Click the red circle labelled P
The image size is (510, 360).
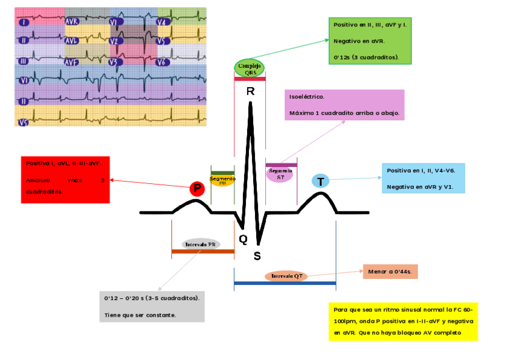click(x=197, y=189)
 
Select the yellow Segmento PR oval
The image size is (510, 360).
click(x=223, y=180)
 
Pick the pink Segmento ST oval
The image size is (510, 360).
click(x=280, y=174)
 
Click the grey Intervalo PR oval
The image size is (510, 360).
click(x=200, y=245)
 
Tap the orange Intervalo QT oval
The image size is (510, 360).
click(x=286, y=276)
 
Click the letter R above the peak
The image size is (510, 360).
click(x=250, y=92)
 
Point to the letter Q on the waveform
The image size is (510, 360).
click(x=243, y=239)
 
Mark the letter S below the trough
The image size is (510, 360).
click(x=257, y=256)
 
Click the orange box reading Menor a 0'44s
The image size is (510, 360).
click(x=390, y=272)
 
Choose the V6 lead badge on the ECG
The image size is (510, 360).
click(x=161, y=62)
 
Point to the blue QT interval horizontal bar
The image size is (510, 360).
click(x=284, y=282)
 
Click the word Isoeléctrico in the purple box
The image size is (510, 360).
click(x=307, y=97)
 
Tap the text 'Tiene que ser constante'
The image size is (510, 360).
click(x=140, y=314)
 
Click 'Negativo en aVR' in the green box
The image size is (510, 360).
click(x=359, y=41)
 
